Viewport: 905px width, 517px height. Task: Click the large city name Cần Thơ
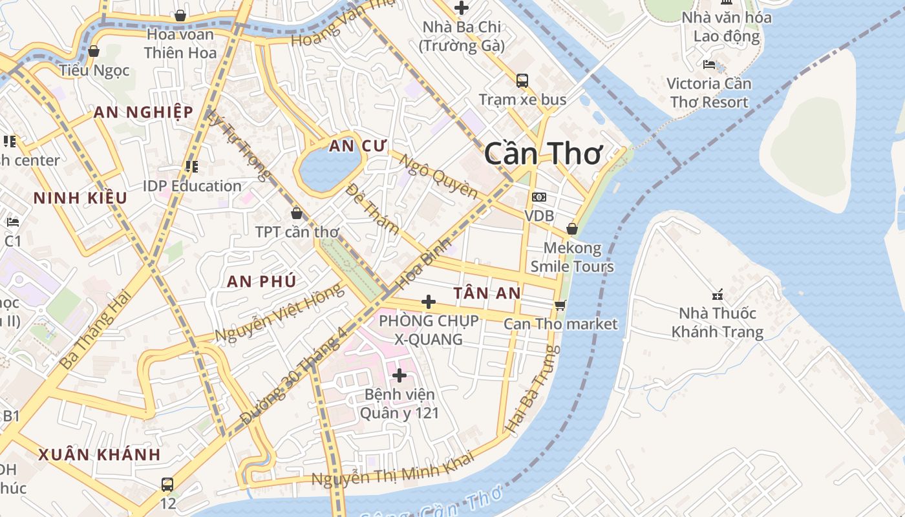coord(543,154)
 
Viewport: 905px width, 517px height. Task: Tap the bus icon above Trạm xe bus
coord(522,81)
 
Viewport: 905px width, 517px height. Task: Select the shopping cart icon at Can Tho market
coord(560,305)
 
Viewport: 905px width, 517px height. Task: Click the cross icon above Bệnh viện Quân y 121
coord(399,375)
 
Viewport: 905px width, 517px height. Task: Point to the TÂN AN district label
coord(487,293)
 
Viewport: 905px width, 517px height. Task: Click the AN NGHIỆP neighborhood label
coord(143,112)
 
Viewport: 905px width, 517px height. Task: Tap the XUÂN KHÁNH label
coord(99,454)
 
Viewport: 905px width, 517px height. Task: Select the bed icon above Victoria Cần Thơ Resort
coord(709,65)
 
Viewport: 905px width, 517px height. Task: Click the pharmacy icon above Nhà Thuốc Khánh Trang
coord(718,295)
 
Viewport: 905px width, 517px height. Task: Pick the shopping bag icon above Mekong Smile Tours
coord(572,229)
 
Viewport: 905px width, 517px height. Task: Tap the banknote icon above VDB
coord(539,197)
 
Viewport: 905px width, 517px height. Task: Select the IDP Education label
coord(192,186)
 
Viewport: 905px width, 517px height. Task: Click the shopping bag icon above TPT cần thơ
coord(297,213)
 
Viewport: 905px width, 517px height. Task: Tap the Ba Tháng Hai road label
coord(95,330)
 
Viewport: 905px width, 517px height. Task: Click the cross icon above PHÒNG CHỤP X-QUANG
coord(428,302)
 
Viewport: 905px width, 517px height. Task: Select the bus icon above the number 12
coord(167,484)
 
